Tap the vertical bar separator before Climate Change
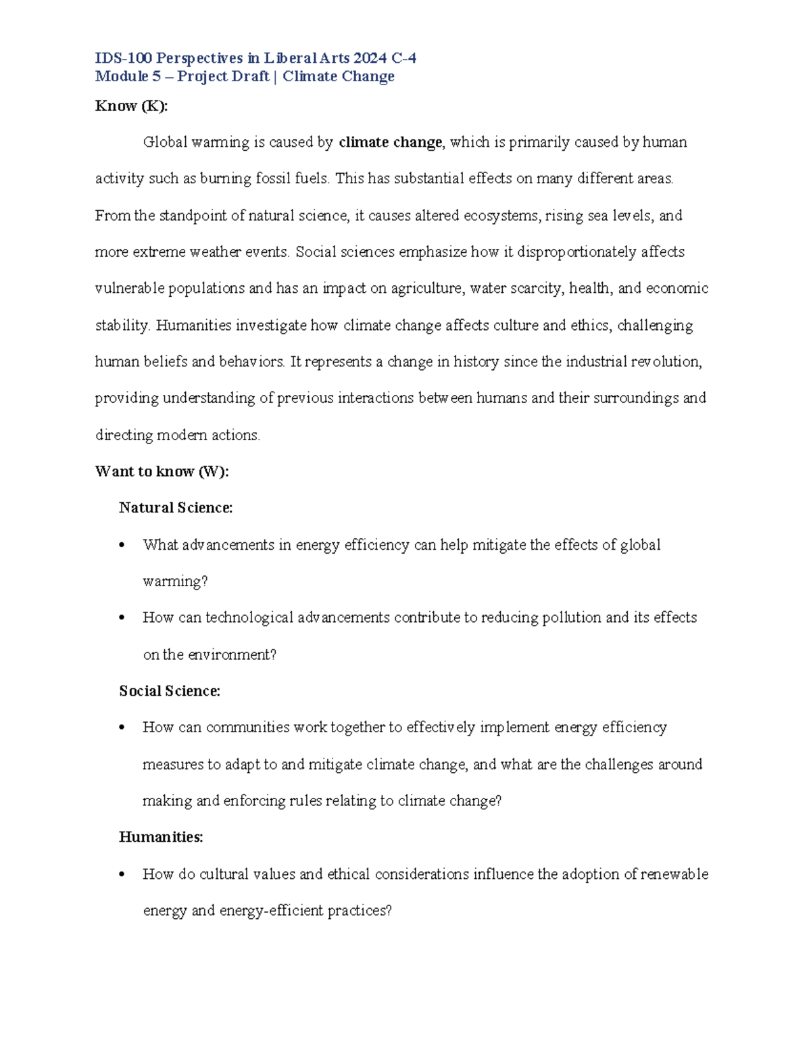pos(276,76)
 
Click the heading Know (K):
pos(131,106)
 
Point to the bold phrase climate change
pos(390,143)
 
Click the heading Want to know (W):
pos(162,472)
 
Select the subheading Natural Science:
pos(176,508)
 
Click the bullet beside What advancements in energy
pos(122,546)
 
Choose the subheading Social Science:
pos(170,691)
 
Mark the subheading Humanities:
pos(161,837)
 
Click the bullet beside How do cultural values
pos(122,875)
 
